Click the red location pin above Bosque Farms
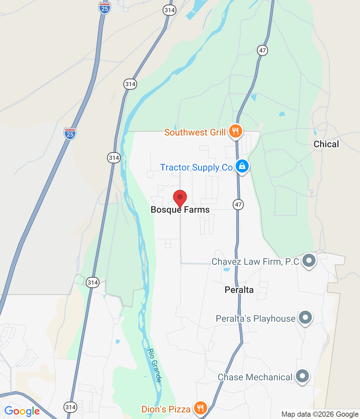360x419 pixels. (180, 198)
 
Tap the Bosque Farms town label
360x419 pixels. (180, 210)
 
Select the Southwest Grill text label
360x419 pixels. (195, 132)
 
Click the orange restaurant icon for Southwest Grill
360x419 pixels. (235, 131)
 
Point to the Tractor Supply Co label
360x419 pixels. (196, 167)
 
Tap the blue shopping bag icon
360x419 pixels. (242, 166)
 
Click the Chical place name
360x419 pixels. (326, 144)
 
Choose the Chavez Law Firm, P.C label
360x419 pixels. (255, 262)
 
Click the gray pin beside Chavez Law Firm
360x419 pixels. (309, 261)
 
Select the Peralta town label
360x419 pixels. (239, 290)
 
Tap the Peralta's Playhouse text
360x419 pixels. (256, 319)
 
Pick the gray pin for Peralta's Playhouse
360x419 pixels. (305, 317)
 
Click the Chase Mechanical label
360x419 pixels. (255, 377)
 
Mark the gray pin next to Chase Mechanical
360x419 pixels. (302, 376)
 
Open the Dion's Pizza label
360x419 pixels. (166, 409)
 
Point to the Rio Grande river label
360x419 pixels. (155, 365)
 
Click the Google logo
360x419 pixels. (22, 411)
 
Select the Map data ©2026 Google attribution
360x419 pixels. (320, 414)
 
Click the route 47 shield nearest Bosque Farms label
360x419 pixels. (238, 205)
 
